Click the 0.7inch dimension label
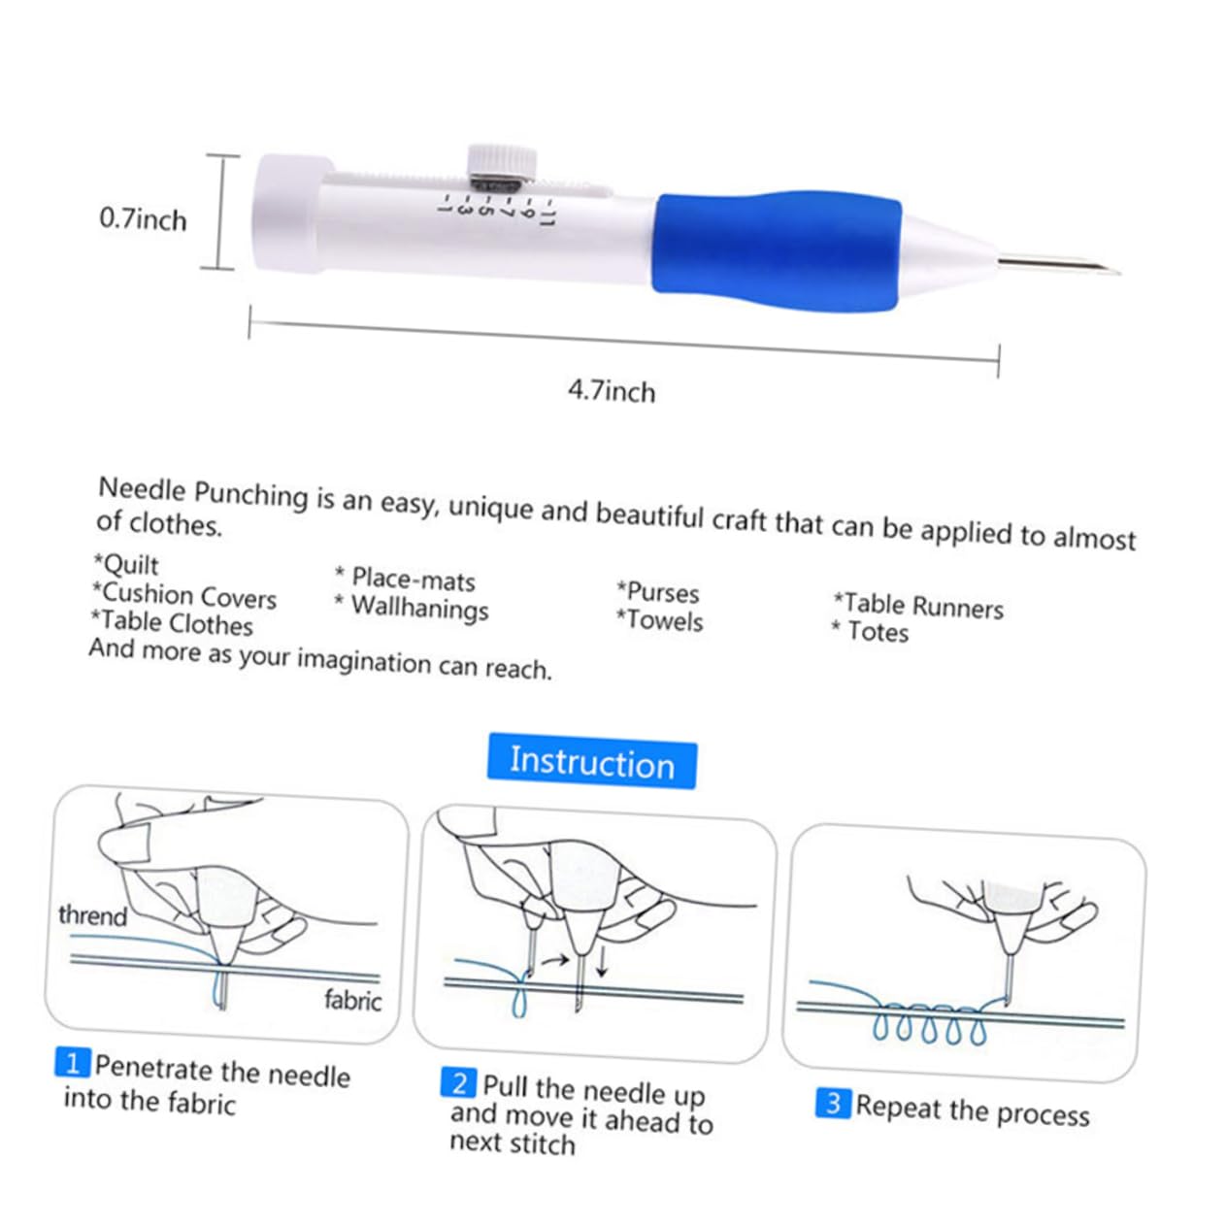(x=143, y=218)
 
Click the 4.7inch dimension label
(x=612, y=391)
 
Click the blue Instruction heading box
(x=591, y=761)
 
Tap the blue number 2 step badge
(x=458, y=1082)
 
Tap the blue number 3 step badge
(x=833, y=1104)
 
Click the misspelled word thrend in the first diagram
(x=92, y=915)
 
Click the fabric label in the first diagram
(x=352, y=1000)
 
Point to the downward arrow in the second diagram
(x=603, y=961)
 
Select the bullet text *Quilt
(x=126, y=564)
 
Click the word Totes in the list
(x=878, y=632)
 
